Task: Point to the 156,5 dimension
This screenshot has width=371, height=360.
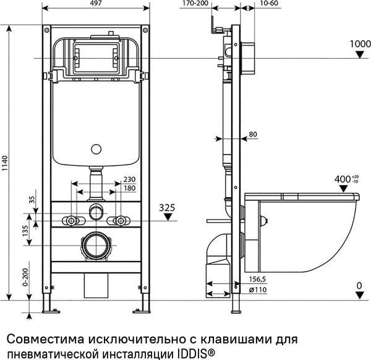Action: point(256,280)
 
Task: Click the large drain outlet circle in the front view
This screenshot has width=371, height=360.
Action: point(95,246)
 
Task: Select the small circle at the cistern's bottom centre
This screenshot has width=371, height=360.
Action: point(95,148)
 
